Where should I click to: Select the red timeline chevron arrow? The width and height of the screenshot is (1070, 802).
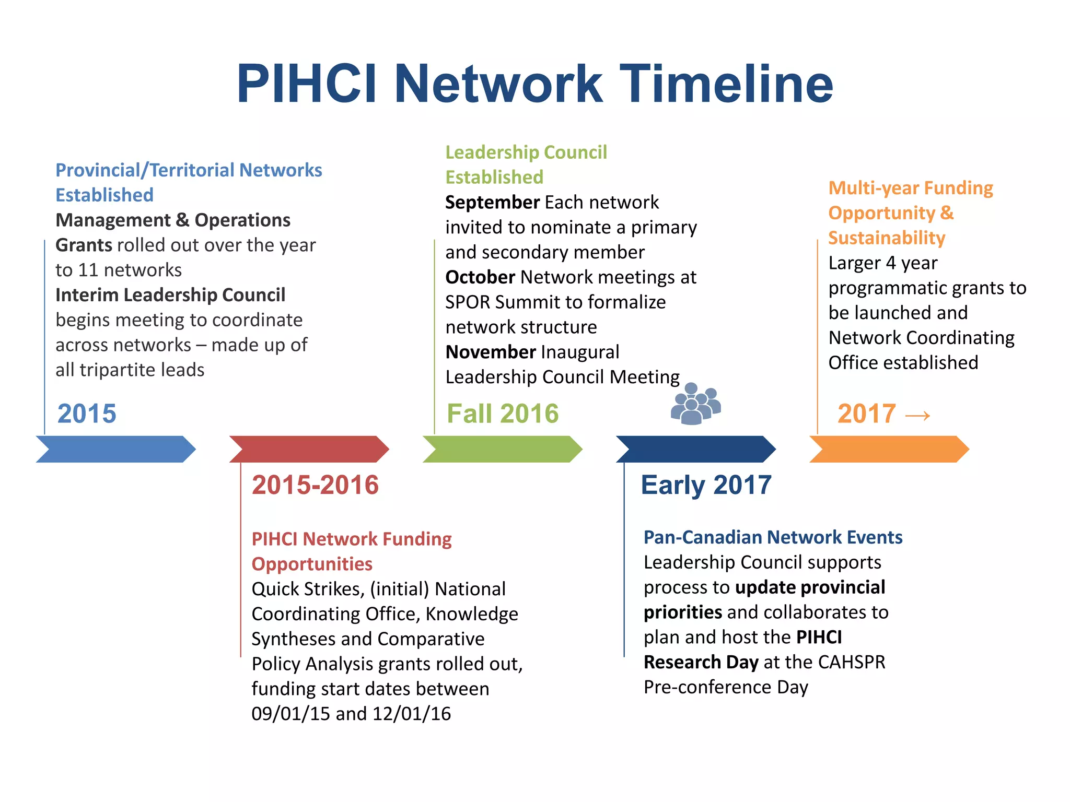tap(309, 449)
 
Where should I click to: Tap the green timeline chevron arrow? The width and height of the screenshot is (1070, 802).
tap(503, 449)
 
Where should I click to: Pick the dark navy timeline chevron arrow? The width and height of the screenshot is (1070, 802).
tap(696, 449)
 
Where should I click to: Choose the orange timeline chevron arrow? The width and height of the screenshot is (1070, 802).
tap(889, 449)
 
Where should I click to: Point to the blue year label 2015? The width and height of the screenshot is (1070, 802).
tap(87, 414)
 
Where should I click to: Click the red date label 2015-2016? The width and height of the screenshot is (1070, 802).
tap(315, 485)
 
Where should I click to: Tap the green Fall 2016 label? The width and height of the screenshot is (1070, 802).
tap(503, 414)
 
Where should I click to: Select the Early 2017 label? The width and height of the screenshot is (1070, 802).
tap(706, 485)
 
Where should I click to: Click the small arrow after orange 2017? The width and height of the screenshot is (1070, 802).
tap(917, 416)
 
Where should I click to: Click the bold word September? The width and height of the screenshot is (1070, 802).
tap(492, 202)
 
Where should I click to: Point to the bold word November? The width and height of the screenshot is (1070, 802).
tap(491, 352)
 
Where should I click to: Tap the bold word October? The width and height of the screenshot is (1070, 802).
tap(480, 277)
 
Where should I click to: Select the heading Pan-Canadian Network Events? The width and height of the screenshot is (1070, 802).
tap(773, 537)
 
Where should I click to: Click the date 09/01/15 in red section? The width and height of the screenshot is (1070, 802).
tap(290, 714)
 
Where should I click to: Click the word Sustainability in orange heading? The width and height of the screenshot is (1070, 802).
tap(887, 238)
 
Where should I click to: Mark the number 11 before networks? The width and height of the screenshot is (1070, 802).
tap(88, 270)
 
